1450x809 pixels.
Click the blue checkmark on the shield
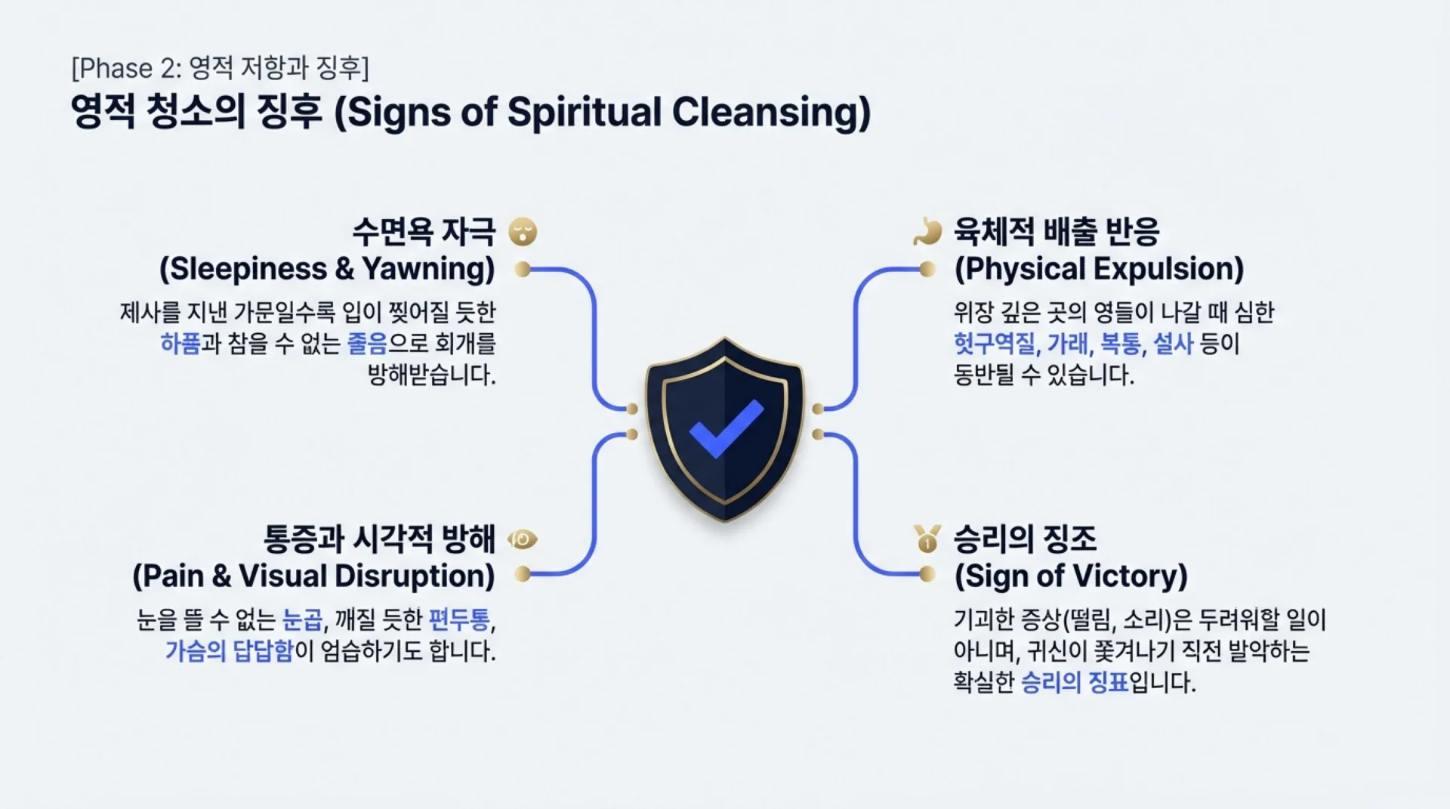726,428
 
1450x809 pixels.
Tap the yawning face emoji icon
523,232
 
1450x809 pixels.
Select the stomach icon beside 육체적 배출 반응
927,232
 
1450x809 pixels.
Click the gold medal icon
927,539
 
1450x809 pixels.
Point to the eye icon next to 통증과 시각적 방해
523,539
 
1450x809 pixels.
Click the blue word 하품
180,344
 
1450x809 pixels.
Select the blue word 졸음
367,344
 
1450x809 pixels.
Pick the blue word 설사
1173,344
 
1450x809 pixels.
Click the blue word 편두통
459,620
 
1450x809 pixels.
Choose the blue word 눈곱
302,620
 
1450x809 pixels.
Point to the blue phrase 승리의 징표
1074,683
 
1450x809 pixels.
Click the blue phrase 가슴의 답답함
229,651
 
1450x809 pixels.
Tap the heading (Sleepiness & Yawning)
327,269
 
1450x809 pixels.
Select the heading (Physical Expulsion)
1099,269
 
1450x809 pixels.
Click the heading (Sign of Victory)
1071,576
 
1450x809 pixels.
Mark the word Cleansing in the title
771,113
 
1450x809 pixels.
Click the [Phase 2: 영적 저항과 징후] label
220,68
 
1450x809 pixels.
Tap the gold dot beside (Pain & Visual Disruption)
522,574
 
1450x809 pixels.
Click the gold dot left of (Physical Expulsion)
927,269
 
